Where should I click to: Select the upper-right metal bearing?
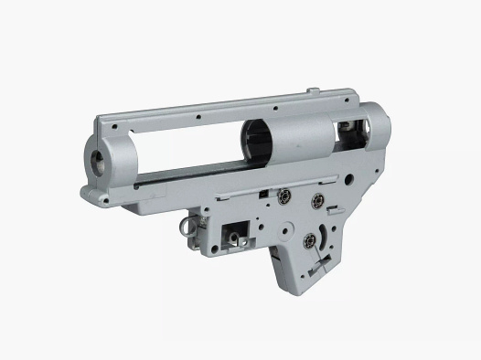tap(318, 199)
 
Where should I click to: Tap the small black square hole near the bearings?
tap(263, 194)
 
